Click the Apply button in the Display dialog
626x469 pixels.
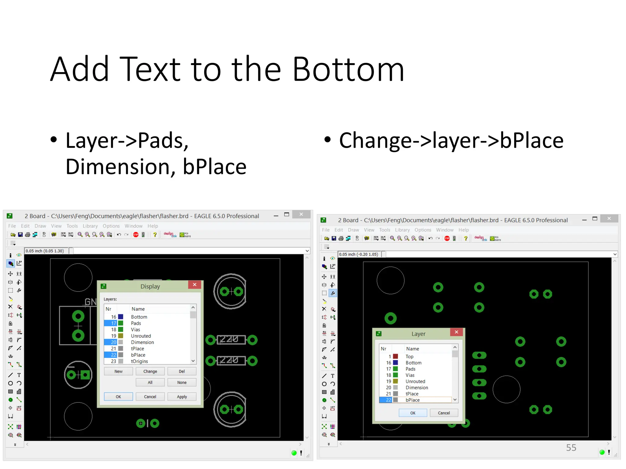click(182, 397)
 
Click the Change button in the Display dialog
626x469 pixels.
click(150, 371)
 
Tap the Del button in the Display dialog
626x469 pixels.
click(182, 371)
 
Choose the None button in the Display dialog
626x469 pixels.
click(182, 382)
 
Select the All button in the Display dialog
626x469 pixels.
click(150, 382)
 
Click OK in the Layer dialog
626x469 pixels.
click(413, 413)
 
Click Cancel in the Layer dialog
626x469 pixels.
click(444, 413)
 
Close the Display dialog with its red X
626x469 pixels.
click(195, 285)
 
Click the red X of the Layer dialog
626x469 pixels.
click(456, 332)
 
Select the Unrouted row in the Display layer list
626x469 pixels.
click(141, 336)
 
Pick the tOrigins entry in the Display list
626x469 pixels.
click(139, 361)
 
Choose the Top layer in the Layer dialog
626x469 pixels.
click(409, 356)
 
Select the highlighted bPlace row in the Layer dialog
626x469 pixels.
click(412, 400)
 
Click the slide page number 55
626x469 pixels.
click(571, 448)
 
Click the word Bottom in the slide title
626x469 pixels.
click(348, 70)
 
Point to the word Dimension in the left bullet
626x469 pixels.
click(118, 167)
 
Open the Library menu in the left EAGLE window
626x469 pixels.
click(90, 226)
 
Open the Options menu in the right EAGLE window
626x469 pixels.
click(423, 230)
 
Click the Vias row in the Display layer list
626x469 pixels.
click(135, 329)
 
